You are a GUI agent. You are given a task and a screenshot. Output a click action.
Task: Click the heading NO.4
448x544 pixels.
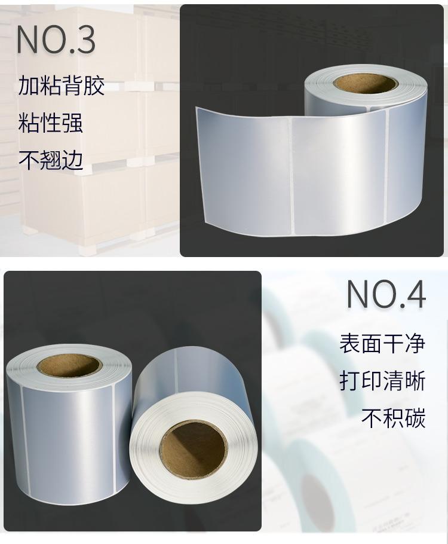coord(386,295)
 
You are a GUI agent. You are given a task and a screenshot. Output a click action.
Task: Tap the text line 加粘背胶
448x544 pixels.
coord(61,85)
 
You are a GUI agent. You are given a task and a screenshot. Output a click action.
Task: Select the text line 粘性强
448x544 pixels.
coord(50,123)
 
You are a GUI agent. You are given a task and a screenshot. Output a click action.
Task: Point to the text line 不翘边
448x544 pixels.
coord(51,160)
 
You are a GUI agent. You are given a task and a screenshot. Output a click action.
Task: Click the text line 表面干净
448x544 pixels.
coord(382,343)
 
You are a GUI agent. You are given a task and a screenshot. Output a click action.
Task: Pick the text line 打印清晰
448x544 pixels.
coord(382,381)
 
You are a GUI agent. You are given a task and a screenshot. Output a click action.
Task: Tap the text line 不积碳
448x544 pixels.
coord(393,418)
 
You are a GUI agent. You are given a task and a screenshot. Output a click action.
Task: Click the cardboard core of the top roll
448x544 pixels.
coord(366,84)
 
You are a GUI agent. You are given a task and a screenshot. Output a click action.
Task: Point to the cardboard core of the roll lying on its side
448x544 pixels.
coord(194,450)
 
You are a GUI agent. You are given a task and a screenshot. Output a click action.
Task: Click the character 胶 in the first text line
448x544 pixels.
coord(94,85)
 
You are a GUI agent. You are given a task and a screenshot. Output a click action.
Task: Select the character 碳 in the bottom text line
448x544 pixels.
coord(415,418)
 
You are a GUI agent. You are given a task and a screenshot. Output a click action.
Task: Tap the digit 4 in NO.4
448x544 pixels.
coord(415,295)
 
